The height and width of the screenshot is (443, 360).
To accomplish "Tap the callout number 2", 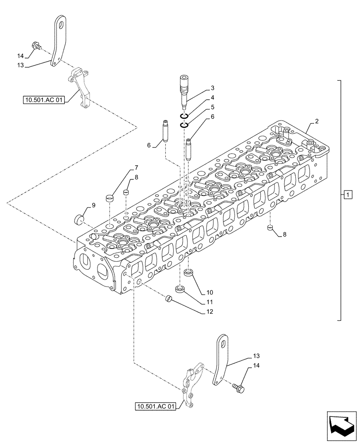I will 317,121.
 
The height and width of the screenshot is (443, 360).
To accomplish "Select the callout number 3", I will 213,88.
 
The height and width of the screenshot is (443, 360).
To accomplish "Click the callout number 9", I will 94,205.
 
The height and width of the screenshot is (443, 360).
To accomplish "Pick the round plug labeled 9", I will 79,219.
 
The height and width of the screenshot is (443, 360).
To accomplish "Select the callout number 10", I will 210,292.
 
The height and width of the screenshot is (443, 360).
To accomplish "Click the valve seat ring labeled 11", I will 180,290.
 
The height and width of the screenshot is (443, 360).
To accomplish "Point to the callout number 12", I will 210,311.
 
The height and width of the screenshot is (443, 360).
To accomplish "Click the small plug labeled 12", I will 168,299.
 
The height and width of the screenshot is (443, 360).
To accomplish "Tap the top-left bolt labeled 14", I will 35,45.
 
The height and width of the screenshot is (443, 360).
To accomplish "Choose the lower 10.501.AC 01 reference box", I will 157,406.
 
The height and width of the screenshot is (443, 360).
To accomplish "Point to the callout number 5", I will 213,107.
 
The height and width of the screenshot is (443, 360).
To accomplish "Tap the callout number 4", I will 213,97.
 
